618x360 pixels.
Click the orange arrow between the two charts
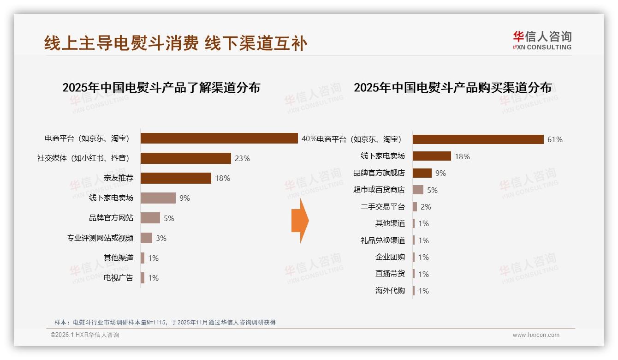coord(300,221)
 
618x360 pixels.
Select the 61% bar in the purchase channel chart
coord(478,139)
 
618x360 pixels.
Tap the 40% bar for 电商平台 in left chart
coord(219,138)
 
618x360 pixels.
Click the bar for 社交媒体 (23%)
coord(185,158)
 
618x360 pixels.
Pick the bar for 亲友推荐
coord(176,178)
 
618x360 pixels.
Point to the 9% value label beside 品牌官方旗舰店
coord(440,173)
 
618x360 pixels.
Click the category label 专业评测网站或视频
coord(100,238)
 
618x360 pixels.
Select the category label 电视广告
coord(119,278)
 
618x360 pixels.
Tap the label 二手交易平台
coord(382,207)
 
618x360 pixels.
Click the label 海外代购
coord(390,291)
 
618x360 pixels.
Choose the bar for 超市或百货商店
coord(418,190)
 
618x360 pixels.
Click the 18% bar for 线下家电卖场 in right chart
coord(432,156)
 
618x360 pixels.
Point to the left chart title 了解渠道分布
coord(161,87)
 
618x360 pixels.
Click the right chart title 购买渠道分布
coord(452,87)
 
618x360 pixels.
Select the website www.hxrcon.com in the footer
coord(536,335)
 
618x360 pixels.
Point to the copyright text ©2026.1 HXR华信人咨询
coord(85,335)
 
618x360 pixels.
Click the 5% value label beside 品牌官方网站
coord(169,218)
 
